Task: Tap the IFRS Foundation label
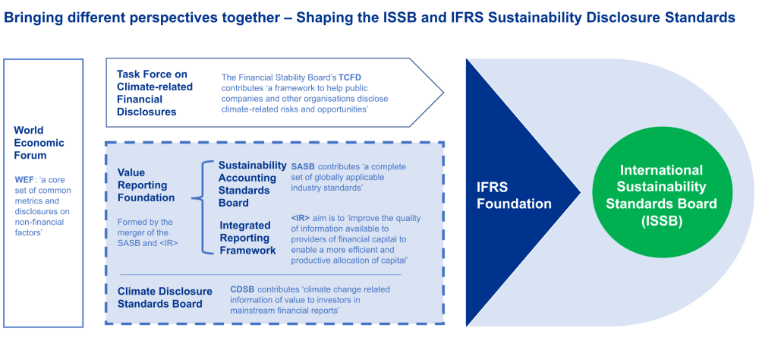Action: tap(514, 196)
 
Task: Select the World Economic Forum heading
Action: tap(39, 143)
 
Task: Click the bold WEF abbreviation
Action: tap(24, 180)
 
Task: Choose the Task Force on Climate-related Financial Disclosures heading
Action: tap(155, 93)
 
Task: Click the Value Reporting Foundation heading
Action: tap(146, 185)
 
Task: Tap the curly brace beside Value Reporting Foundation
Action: tap(203, 207)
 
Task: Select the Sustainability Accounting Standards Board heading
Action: tap(253, 184)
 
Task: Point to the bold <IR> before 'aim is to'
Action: tap(300, 217)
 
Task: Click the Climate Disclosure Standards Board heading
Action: tap(165, 298)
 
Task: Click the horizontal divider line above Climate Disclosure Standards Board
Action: tap(260, 275)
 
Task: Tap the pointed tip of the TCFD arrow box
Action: tap(443, 91)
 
